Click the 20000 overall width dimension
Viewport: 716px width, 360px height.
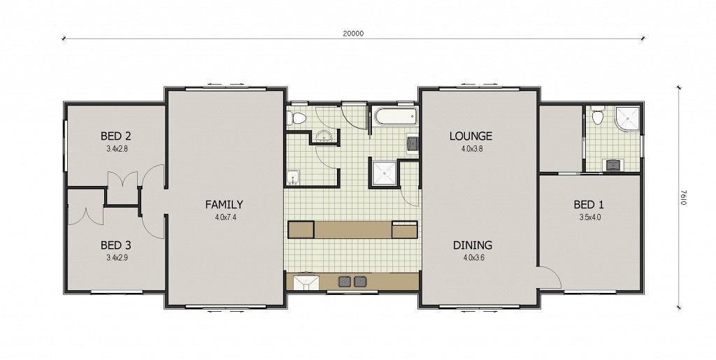[x=353, y=34]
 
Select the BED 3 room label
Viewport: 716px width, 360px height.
[x=116, y=245]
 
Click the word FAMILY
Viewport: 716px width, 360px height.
[x=224, y=205]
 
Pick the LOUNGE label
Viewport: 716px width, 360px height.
[x=471, y=136]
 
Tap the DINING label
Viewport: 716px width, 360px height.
[x=473, y=245]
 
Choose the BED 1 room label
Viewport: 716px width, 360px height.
[x=589, y=205]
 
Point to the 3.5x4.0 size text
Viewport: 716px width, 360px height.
[x=590, y=217]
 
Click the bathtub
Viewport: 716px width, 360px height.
[x=396, y=116]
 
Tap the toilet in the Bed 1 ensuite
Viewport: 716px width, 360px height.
[x=597, y=117]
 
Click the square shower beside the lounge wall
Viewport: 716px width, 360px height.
[x=384, y=173]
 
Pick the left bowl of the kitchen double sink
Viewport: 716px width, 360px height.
[x=344, y=282]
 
